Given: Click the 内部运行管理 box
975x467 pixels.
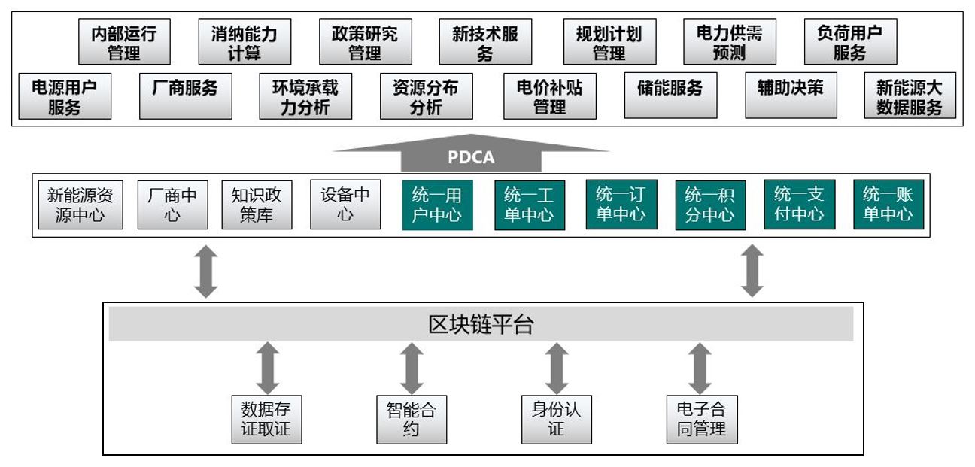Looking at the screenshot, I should click(x=124, y=43).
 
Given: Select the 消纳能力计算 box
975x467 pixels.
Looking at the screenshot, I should click(x=244, y=43).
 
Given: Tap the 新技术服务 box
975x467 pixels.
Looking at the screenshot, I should click(x=485, y=43).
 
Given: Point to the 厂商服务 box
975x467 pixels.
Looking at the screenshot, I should click(x=185, y=96).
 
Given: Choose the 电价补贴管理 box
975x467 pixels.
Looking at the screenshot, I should click(x=549, y=96).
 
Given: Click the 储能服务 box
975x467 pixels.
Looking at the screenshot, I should click(x=670, y=96).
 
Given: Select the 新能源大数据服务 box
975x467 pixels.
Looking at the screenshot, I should click(x=910, y=96).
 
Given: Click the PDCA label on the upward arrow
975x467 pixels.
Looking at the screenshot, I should click(x=471, y=159).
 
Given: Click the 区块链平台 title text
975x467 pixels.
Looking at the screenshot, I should click(x=481, y=324).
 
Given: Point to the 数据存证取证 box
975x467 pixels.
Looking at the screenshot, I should click(x=266, y=420).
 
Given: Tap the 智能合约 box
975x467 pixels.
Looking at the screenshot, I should click(x=411, y=420).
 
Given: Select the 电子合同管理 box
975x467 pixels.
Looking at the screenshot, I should click(x=701, y=420).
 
